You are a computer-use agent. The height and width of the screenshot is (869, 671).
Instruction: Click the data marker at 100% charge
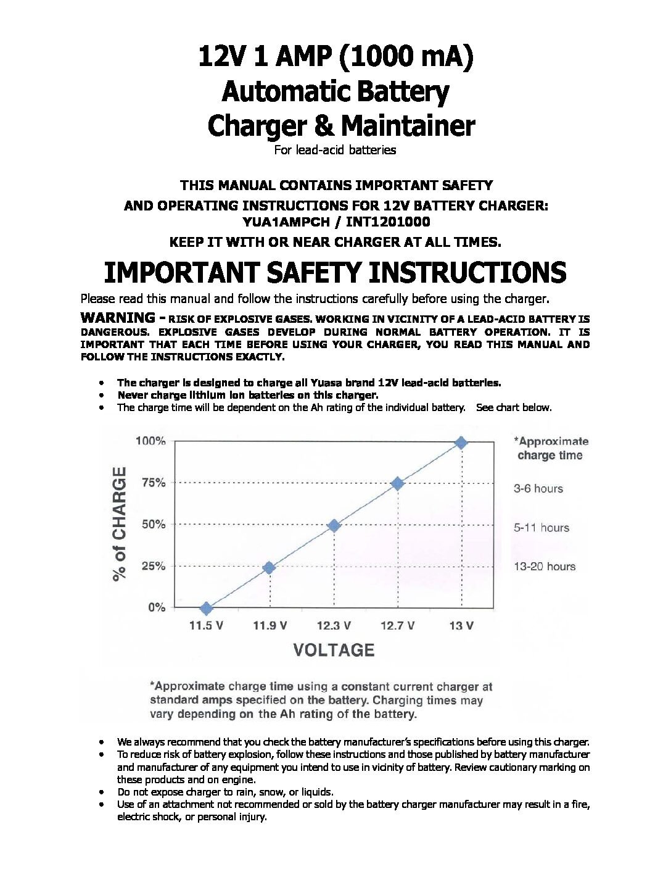pos(461,442)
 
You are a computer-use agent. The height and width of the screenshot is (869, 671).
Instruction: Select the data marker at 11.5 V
pos(207,608)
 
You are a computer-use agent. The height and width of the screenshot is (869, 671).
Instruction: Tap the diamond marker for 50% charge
pos(334,525)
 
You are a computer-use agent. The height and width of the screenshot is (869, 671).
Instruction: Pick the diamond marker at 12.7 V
pos(398,483)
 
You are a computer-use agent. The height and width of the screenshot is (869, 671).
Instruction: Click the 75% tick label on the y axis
pos(154,483)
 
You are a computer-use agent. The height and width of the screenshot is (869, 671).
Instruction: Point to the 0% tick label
pos(157,607)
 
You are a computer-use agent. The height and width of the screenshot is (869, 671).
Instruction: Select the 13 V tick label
pos(461,626)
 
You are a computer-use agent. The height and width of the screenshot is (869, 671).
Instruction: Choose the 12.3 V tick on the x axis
pos(334,626)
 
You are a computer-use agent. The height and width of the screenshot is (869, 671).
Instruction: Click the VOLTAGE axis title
pos(334,650)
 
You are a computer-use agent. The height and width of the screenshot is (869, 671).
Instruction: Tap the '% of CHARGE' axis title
pos(119,523)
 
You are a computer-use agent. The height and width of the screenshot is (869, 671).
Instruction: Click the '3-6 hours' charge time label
pos(538,489)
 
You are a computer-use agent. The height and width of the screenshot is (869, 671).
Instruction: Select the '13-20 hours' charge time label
pos(545,567)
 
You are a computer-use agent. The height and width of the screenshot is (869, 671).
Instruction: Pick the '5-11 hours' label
pos(541,528)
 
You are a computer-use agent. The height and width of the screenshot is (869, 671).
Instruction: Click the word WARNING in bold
pos(118,318)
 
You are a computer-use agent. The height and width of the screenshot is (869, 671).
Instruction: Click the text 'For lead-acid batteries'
pos(335,150)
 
